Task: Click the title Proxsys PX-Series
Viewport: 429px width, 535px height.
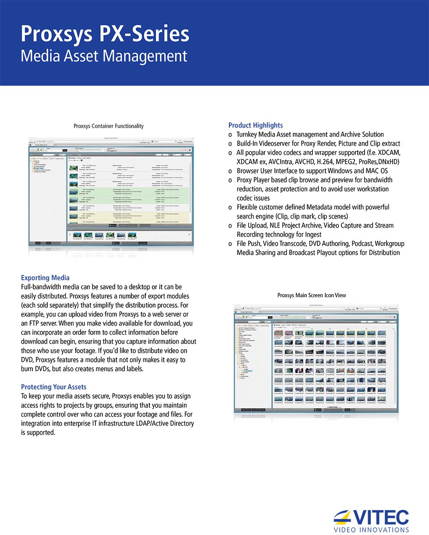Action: coord(105,34)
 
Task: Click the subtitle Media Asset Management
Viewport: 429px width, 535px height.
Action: coord(104,56)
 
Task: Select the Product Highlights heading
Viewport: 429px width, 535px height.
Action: coord(256,125)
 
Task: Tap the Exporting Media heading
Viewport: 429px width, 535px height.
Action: coord(45,278)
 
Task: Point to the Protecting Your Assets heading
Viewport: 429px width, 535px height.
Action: coord(53,387)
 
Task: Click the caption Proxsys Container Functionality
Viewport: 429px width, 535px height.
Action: coord(109,126)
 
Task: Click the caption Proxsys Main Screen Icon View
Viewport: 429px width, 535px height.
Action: coord(312,295)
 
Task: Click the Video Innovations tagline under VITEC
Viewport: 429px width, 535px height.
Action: coord(371,530)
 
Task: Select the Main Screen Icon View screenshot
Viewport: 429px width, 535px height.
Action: coord(316,361)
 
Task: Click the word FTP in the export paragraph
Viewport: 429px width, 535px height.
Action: coord(28,323)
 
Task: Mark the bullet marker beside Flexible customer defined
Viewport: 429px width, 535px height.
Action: coord(230,207)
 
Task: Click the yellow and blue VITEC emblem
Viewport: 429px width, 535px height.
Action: coord(343,517)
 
